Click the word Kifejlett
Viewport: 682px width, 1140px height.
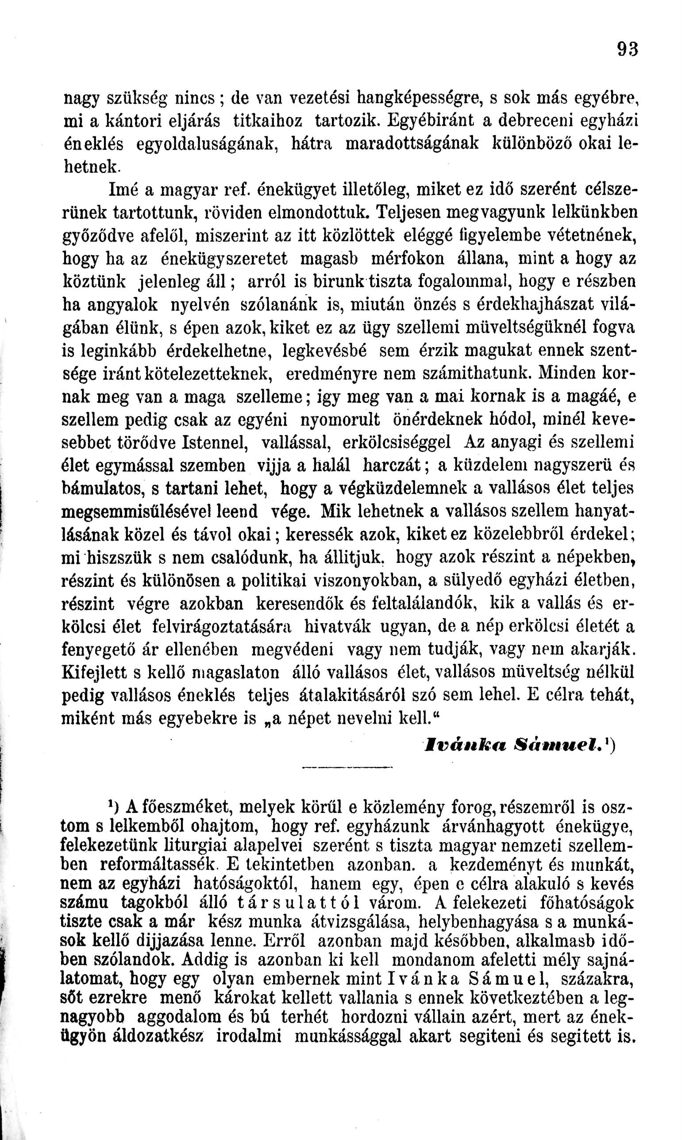(x=94, y=672)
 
